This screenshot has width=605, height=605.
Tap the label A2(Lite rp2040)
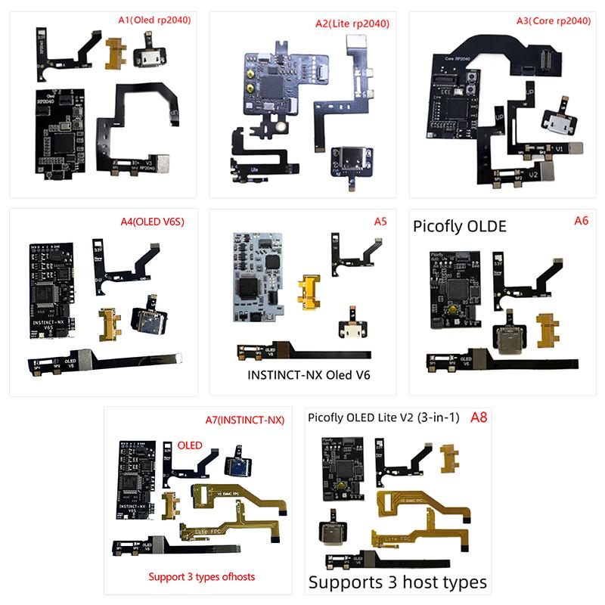tap(352, 23)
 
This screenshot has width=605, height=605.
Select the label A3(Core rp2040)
tap(550, 21)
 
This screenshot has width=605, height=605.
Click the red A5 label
tap(380, 222)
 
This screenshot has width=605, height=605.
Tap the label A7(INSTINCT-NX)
tap(244, 420)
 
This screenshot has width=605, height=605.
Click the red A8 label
tap(479, 417)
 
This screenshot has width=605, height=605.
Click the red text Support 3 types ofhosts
tap(202, 576)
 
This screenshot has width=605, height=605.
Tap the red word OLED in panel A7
tap(190, 445)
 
